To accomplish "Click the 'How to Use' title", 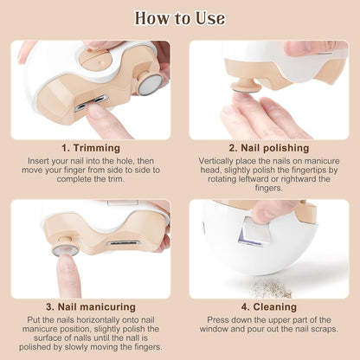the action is pyautogui.click(x=180, y=18).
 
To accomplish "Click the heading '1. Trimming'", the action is pyautogui.click(x=91, y=148).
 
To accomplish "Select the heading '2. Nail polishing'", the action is pyautogui.click(x=269, y=148).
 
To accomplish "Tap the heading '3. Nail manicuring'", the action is pyautogui.click(x=91, y=307).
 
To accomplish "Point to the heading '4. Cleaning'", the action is pyautogui.click(x=269, y=307).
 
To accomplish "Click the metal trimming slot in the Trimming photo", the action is pyautogui.click(x=92, y=103).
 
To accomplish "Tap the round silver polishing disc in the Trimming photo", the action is pyautogui.click(x=150, y=85).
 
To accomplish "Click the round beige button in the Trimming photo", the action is pyautogui.click(x=94, y=60).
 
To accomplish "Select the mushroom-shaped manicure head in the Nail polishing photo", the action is pyautogui.click(x=246, y=86).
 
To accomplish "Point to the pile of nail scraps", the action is pyautogui.click(x=271, y=288).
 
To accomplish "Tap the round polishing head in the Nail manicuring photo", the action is pyautogui.click(x=66, y=248).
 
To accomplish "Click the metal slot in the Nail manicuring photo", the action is pyautogui.click(x=124, y=242).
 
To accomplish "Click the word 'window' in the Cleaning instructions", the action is pyautogui.click(x=214, y=329).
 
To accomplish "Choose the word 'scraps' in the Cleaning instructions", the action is pyautogui.click(x=325, y=329).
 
